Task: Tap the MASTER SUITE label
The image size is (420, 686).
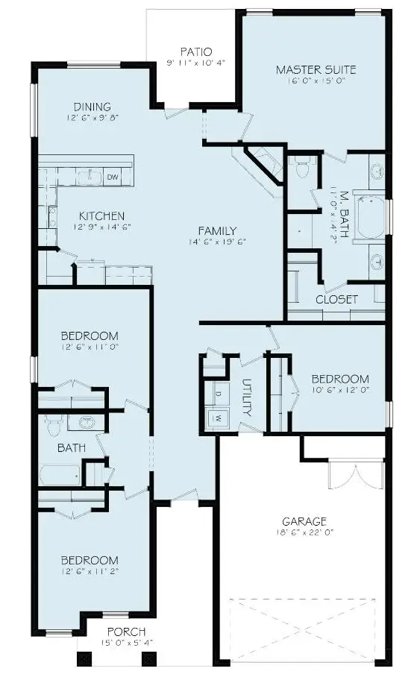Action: coord(316,70)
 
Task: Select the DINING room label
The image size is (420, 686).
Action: coord(93,106)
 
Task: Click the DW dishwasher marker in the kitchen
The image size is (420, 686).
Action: coord(113,177)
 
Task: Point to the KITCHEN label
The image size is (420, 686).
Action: coord(101,215)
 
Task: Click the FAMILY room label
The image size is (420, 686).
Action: coord(217,230)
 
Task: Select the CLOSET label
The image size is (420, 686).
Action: coord(336,299)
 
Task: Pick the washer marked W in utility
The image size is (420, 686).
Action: coord(219,418)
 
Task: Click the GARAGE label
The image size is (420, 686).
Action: coord(304,521)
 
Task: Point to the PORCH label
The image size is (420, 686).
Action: coord(126,632)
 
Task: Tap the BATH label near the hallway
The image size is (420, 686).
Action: coord(72,448)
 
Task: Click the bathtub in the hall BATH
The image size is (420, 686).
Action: coord(60,475)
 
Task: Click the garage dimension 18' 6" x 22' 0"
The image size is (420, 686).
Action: coord(304,533)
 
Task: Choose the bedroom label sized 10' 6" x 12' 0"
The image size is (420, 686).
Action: coord(339,378)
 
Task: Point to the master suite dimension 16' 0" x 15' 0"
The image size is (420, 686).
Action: coord(316,81)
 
